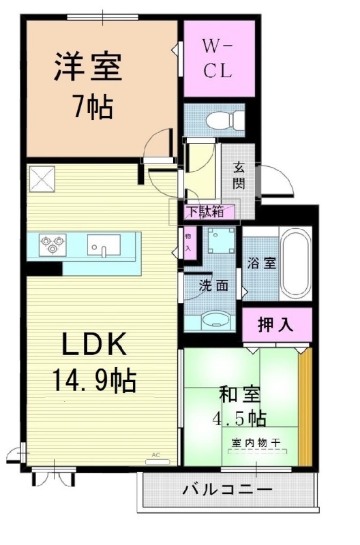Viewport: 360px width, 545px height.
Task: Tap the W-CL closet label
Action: click(x=218, y=58)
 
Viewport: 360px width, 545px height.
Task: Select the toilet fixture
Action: click(x=223, y=121)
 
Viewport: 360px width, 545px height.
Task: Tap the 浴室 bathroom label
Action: click(x=260, y=263)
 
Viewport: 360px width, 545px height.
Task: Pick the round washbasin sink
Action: click(x=215, y=319)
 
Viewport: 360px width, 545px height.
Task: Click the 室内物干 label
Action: click(x=257, y=443)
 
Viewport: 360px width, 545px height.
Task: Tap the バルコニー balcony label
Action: click(x=227, y=490)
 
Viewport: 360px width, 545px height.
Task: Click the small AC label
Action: click(x=155, y=454)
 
